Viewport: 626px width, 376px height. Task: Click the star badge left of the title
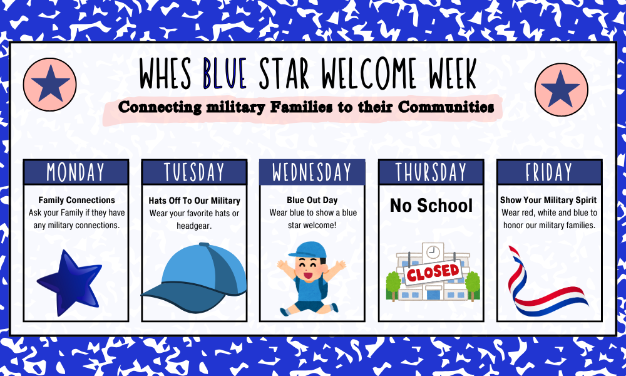(50, 85)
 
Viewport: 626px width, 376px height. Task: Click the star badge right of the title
(562, 90)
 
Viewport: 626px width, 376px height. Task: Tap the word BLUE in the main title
(224, 73)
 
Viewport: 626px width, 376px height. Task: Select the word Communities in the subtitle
(446, 107)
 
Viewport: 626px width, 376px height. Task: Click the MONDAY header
(76, 172)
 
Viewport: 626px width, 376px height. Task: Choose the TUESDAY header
(195, 172)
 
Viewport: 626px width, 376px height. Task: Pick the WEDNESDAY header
(312, 172)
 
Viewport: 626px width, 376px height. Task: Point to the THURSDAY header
(431, 172)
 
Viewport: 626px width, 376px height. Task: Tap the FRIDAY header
(550, 172)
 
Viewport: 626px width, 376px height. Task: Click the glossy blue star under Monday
(70, 282)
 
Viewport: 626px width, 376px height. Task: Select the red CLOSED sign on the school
(433, 273)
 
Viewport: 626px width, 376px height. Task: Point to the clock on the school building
(433, 252)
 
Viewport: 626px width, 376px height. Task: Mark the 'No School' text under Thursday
(431, 206)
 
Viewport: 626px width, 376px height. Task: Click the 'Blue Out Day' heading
(312, 200)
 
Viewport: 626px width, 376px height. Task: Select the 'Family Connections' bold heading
(76, 200)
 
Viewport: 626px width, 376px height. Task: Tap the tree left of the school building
(393, 285)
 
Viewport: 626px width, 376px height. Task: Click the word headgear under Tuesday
(194, 226)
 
